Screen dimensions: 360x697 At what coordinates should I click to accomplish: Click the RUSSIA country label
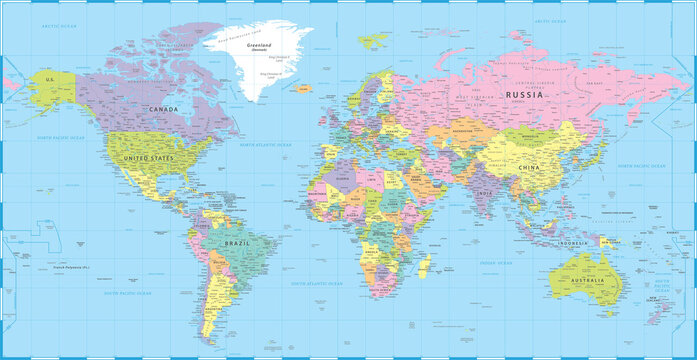pyautogui.click(x=523, y=96)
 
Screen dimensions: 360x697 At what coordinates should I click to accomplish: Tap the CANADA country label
pyautogui.click(x=163, y=109)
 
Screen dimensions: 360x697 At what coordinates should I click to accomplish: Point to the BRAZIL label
pyautogui.click(x=238, y=243)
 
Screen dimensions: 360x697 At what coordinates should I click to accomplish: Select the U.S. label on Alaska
pyautogui.click(x=46, y=76)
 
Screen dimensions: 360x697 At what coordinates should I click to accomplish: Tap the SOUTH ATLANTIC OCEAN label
pyautogui.click(x=316, y=284)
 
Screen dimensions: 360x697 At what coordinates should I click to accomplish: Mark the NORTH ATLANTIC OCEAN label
pyautogui.click(x=265, y=146)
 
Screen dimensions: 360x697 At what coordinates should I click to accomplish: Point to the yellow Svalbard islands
pyautogui.click(x=373, y=41)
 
